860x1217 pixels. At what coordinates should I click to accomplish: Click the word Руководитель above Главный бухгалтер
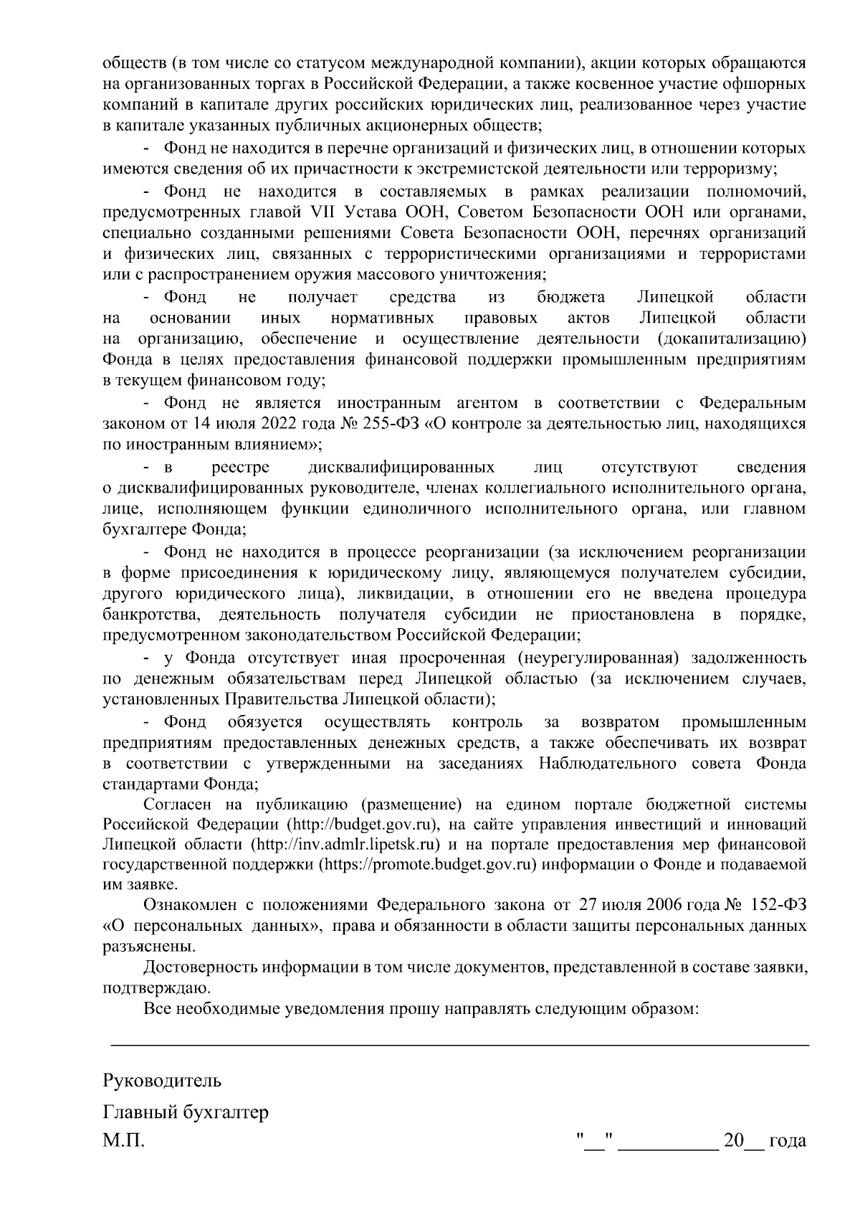[162, 1080]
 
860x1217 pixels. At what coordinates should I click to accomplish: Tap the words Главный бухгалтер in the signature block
[186, 1112]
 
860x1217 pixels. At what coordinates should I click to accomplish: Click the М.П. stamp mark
[123, 1140]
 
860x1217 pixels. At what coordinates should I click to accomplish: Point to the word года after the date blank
[787, 1140]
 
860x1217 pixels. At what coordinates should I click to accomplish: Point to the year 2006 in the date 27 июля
[674, 905]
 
